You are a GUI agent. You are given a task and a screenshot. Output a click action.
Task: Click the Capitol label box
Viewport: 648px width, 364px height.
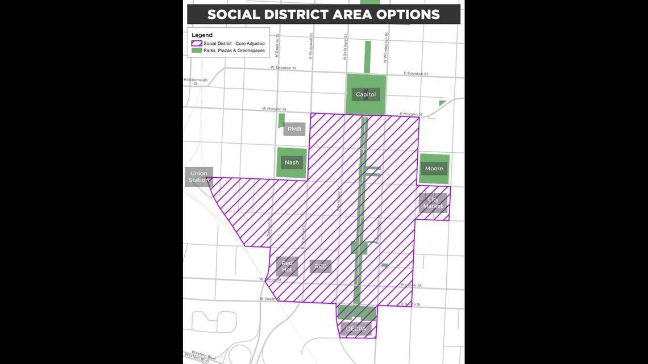click(x=365, y=94)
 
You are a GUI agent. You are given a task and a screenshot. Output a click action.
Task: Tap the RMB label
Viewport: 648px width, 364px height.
click(x=294, y=129)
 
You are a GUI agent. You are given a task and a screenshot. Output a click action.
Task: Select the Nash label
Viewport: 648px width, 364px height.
click(x=292, y=162)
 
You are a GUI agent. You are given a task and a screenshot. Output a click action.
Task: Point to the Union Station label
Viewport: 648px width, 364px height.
click(x=199, y=177)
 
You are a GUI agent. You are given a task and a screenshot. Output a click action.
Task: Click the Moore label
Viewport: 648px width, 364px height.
click(x=434, y=169)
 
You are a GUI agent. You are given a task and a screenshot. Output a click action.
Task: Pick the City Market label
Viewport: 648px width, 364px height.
click(x=433, y=203)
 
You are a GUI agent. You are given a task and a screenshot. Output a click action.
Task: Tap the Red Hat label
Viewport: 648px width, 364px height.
click(x=287, y=266)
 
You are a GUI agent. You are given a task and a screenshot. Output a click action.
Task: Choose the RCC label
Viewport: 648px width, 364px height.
click(x=321, y=266)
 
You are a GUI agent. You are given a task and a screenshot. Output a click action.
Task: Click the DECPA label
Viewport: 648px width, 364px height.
click(x=357, y=328)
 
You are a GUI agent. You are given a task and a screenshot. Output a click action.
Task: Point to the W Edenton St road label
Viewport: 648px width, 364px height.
click(x=283, y=68)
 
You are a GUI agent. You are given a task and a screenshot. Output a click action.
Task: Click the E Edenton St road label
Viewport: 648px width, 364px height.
click(x=416, y=74)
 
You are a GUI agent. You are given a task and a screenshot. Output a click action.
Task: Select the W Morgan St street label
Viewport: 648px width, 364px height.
click(x=274, y=108)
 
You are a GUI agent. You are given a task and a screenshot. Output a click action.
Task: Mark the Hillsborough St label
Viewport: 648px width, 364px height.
click(x=196, y=82)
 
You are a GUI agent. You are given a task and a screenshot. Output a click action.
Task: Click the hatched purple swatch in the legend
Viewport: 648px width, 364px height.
click(x=197, y=44)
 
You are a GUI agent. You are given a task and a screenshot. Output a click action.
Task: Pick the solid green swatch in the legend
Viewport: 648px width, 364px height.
click(x=197, y=51)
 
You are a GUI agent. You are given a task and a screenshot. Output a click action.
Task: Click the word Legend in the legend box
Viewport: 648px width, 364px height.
click(x=202, y=35)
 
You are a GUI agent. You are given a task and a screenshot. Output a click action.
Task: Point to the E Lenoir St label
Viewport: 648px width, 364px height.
click(x=411, y=285)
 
